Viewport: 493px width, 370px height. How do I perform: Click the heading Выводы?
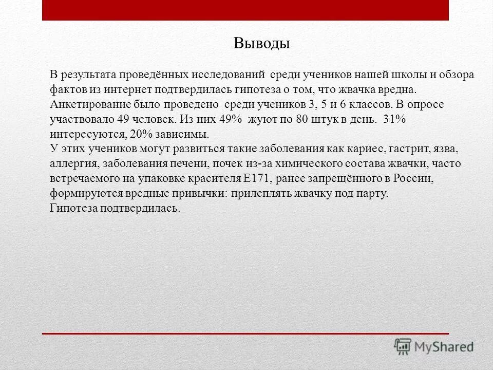261,43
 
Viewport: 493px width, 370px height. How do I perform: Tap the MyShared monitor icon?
403,346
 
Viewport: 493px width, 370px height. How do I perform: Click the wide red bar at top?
245,10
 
